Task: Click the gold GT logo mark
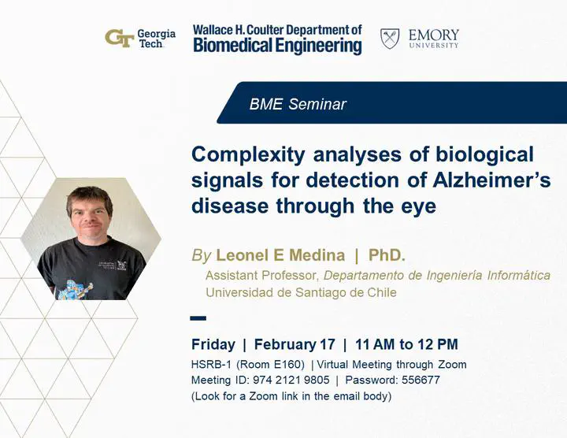120,39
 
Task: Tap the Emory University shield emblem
390,39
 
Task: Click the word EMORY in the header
434,35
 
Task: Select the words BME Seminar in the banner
298,104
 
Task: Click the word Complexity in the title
248,155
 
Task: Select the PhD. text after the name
387,255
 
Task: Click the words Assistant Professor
261,275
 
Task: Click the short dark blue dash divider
198,318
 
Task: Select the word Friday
213,344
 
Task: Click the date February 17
295,344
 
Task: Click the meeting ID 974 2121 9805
291,380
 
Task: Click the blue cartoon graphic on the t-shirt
73,289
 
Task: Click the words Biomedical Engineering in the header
277,46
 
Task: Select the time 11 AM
376,344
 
